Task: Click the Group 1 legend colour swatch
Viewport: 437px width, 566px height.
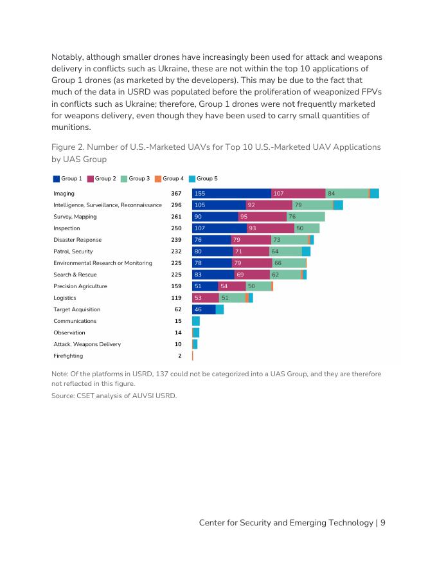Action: pyautogui.click(x=57, y=178)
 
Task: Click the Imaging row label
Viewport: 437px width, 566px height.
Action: pyautogui.click(x=64, y=194)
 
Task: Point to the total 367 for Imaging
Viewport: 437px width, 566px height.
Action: pyautogui.click(x=176, y=194)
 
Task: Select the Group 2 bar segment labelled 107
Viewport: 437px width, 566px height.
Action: pyautogui.click(x=298, y=194)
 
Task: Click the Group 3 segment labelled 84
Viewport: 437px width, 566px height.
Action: pyautogui.click(x=346, y=194)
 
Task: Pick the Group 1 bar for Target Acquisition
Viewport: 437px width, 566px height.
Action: pyautogui.click(x=204, y=309)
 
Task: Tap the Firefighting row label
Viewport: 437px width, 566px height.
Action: pyautogui.click(x=68, y=356)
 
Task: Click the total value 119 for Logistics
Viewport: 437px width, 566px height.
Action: pyautogui.click(x=176, y=298)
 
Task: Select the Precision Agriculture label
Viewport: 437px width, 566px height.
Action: pyautogui.click(x=80, y=286)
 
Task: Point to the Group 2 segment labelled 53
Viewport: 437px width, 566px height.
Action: pyautogui.click(x=206, y=298)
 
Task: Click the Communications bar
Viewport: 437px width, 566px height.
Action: pyautogui.click(x=196, y=321)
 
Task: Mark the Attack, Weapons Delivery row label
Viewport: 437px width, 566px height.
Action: pyautogui.click(x=87, y=344)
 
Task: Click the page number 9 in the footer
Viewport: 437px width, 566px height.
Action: pyautogui.click(x=382, y=523)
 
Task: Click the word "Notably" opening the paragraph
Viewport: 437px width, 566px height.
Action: pyautogui.click(x=67, y=57)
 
